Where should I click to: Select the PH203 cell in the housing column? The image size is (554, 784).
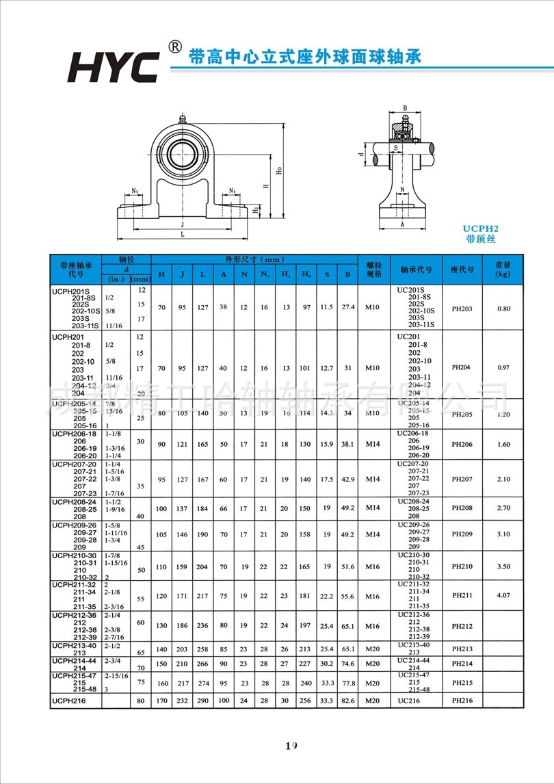(x=462, y=308)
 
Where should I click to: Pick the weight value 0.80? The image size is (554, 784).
(x=503, y=308)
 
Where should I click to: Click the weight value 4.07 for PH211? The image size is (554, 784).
(x=503, y=596)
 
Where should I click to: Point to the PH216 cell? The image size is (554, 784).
(x=462, y=701)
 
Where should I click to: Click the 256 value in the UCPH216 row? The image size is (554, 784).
(x=306, y=701)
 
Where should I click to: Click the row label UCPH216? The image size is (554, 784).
(x=70, y=701)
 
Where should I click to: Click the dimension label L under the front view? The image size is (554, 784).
(x=182, y=234)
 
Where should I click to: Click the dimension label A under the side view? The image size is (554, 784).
(x=402, y=224)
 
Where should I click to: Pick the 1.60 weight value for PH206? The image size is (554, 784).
(x=503, y=444)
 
